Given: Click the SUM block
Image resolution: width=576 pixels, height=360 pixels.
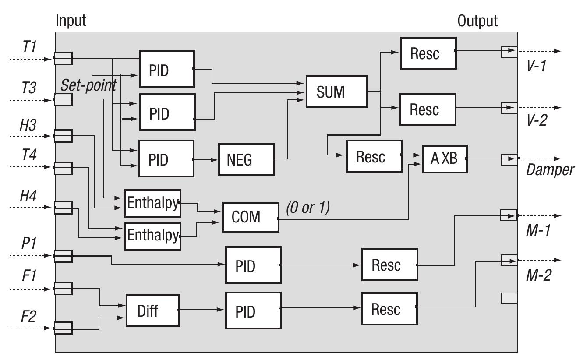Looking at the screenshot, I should pos(336,92).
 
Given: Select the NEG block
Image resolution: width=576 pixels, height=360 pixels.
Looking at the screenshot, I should pos(246,159).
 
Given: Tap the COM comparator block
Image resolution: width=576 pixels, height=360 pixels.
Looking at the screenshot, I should pos(250,217).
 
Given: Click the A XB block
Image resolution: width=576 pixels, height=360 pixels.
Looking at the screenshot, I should pos(445,159).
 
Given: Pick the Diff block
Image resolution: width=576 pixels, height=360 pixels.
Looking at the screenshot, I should pos(152,311).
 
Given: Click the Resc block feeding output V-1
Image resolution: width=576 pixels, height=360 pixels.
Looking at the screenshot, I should pos(428,53).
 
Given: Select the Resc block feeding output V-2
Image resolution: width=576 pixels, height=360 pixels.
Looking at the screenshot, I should pos(428,109).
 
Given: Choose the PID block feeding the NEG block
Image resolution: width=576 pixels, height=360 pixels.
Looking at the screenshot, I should pos(166,159).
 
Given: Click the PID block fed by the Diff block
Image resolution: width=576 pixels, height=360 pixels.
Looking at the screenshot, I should pos(253,311).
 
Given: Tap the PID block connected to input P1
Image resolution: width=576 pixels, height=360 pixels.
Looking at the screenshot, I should pos(253,265).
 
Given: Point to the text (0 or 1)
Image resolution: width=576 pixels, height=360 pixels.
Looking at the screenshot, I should pos(307,208).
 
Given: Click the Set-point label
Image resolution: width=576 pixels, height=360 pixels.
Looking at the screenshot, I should pos(88,85).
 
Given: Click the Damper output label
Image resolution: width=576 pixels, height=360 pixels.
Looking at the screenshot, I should pos(550,170).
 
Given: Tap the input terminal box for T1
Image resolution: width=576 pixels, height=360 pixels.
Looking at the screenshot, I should pos(63,58).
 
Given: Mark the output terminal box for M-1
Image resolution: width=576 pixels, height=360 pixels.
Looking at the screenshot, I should pos(509,215).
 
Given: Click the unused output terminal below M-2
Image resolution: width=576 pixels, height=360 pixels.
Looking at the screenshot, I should pos(509,298).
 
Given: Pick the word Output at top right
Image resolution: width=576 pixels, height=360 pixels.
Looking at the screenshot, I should pos(477,21).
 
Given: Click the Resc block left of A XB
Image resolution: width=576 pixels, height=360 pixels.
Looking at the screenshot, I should pos(374,156).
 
